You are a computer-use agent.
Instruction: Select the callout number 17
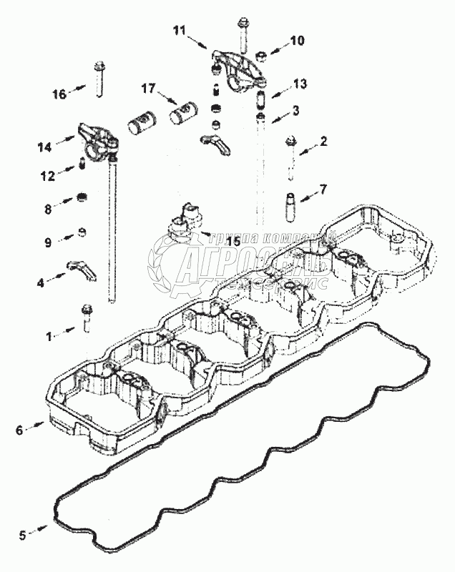[148, 89]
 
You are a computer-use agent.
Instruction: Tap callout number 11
[179, 29]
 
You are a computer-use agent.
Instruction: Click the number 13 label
[300, 84]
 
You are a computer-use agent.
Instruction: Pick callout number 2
[323, 142]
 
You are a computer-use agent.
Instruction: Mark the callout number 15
[233, 241]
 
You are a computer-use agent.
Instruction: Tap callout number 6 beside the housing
[19, 430]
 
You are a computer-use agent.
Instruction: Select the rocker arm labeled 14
[94, 138]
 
